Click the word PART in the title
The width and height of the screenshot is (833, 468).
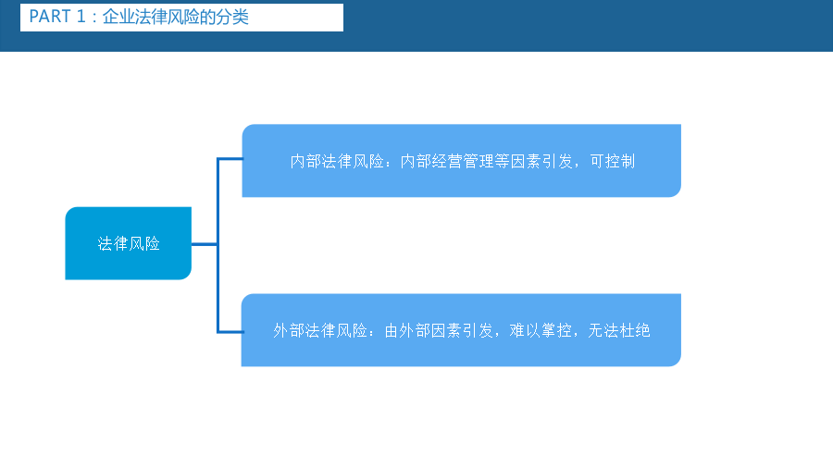pos(50,17)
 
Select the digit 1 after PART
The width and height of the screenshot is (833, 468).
pos(81,17)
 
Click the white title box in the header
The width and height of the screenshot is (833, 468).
pos(181,18)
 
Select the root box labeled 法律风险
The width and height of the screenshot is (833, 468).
pos(128,243)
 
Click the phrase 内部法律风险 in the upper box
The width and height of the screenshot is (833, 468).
pos(337,161)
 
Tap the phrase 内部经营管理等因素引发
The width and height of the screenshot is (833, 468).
pos(486,161)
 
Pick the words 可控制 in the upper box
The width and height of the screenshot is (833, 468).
pos(613,161)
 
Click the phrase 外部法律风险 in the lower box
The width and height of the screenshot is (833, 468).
pos(320,330)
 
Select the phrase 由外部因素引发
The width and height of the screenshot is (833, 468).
pos(439,330)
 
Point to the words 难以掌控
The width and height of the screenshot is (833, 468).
pos(541,330)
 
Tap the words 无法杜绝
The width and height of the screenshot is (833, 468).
pos(619,330)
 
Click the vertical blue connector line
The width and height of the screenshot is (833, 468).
pos(218,245)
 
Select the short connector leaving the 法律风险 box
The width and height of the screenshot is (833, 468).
pos(204,244)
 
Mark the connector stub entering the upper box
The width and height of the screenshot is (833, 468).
pos(230,159)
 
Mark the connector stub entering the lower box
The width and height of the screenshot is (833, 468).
pos(230,332)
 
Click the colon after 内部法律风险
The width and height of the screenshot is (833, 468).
pos(392,162)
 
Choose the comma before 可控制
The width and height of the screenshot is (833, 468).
pos(579,166)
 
